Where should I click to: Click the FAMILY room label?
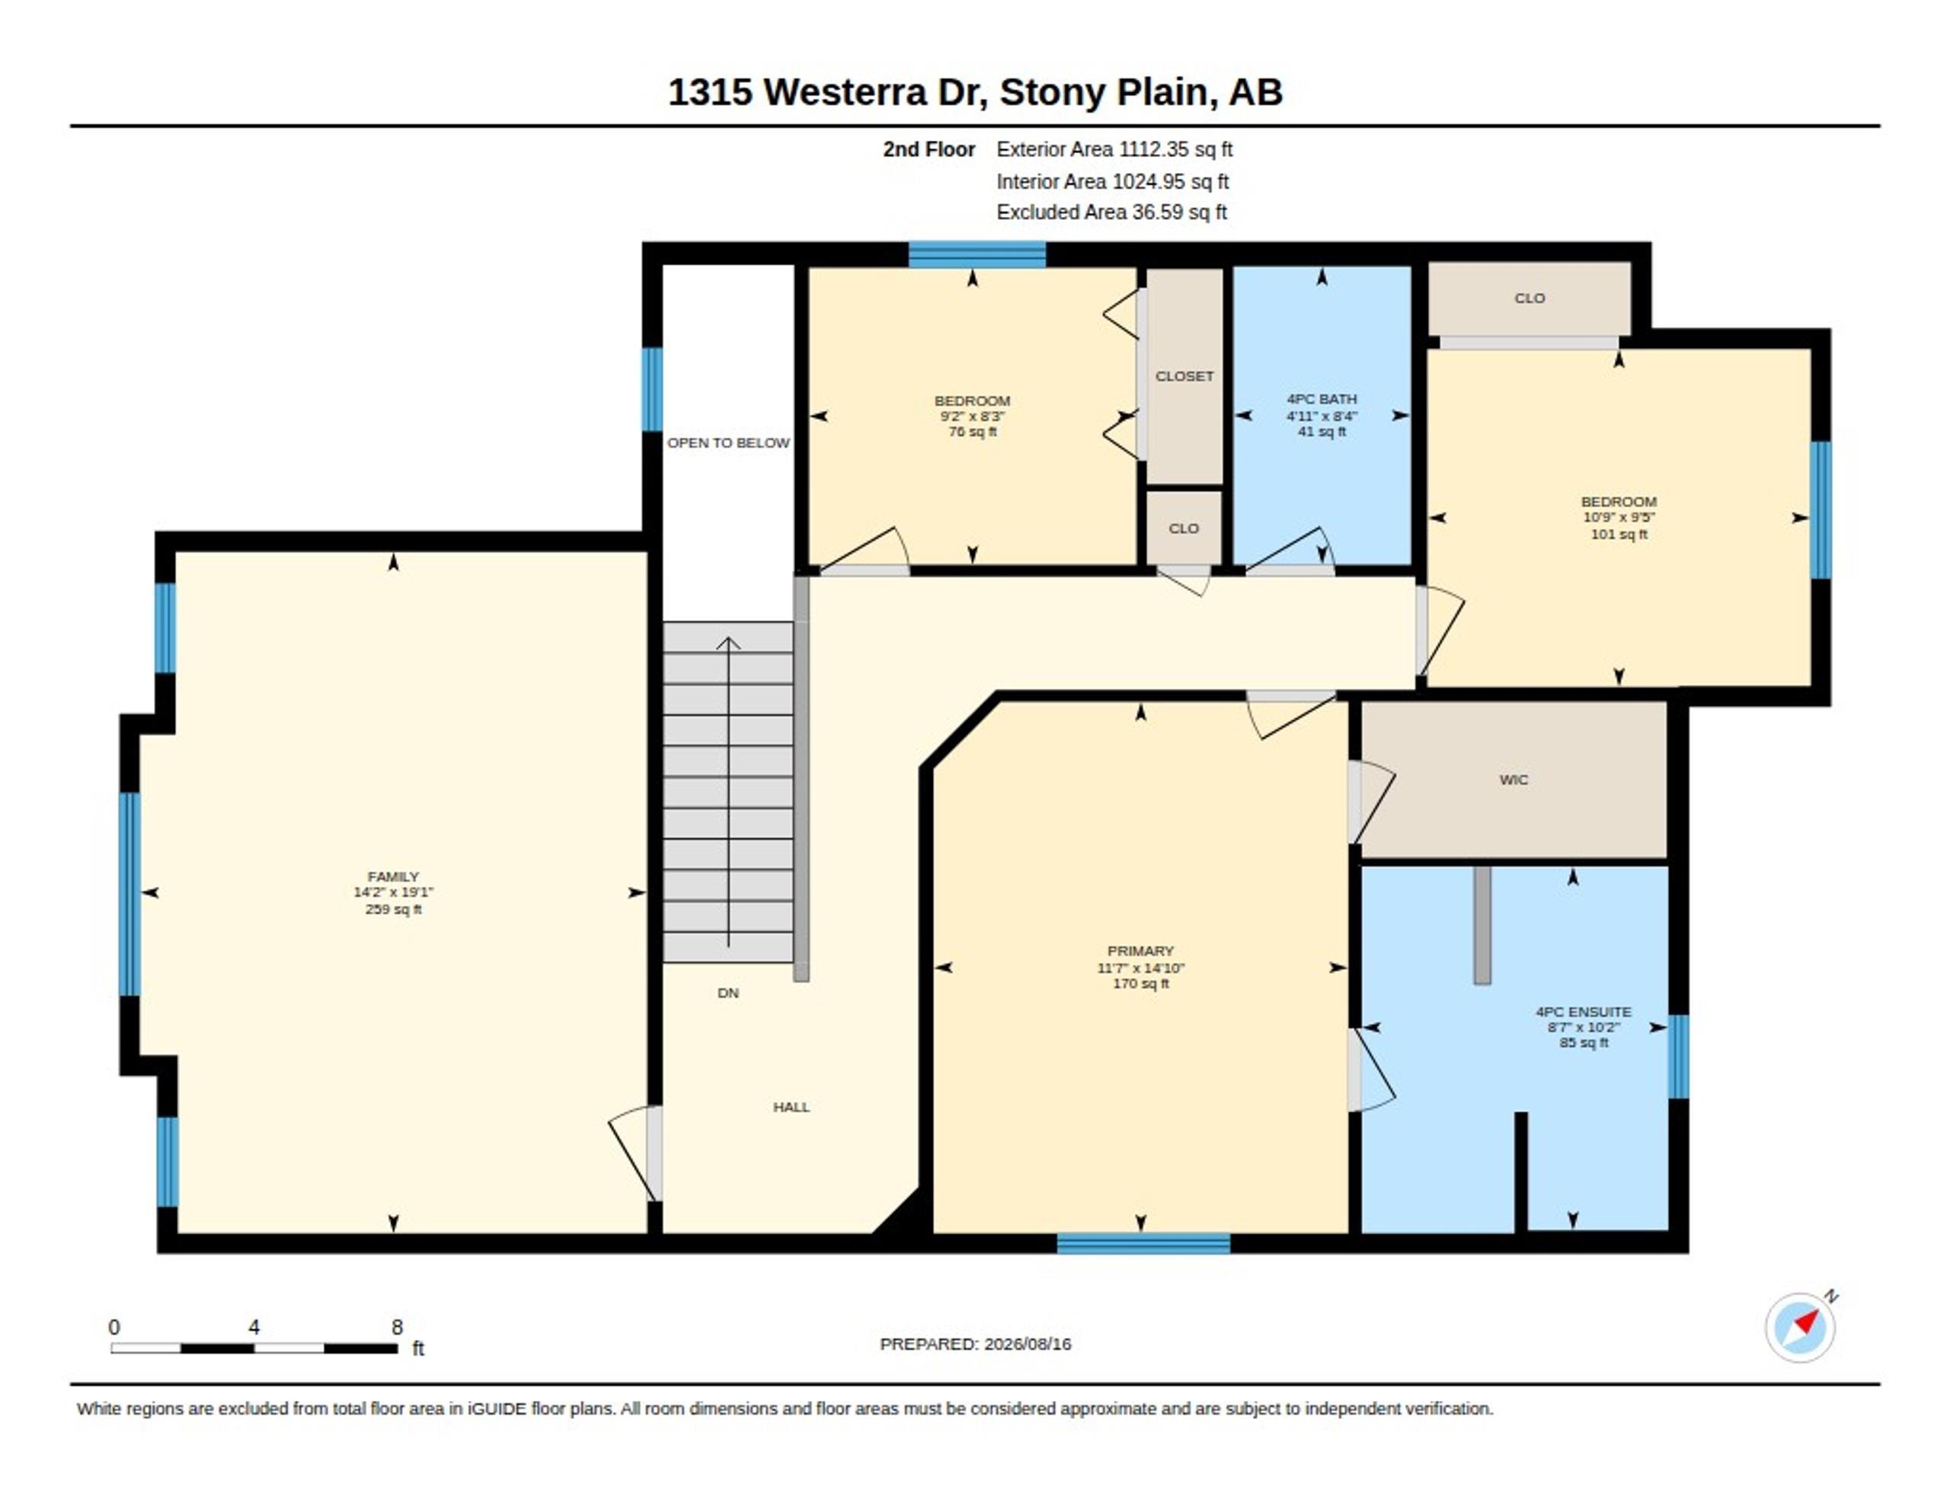coord(393,876)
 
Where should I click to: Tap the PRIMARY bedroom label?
coord(1140,951)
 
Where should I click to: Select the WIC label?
coord(1514,780)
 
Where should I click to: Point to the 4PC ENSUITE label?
coord(1583,1011)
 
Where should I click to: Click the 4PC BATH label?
coord(1322,399)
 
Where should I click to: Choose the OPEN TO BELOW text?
coord(727,443)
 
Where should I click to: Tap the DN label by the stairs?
coord(727,993)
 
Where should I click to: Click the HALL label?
coord(791,1107)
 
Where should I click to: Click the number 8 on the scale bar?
coord(398,1328)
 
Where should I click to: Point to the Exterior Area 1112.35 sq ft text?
coord(1114,149)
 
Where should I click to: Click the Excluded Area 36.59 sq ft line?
coord(1111,212)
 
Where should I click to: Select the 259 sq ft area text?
coord(393,909)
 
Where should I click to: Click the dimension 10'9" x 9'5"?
coord(1619,517)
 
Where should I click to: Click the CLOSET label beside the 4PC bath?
coord(1184,376)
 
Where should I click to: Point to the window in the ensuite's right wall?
coord(1679,1056)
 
